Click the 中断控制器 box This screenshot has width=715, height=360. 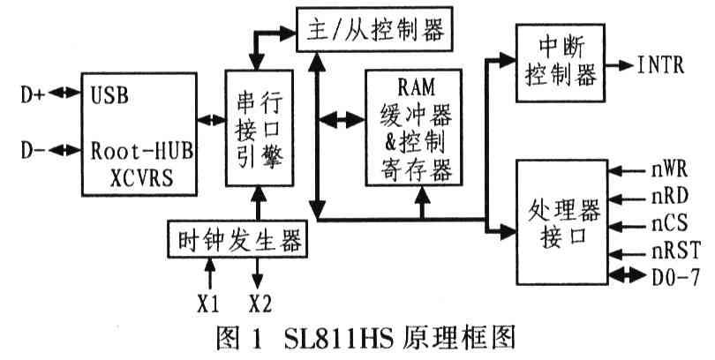click(559, 64)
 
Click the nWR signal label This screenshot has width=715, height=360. click(676, 165)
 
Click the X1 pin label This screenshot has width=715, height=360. click(208, 304)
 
